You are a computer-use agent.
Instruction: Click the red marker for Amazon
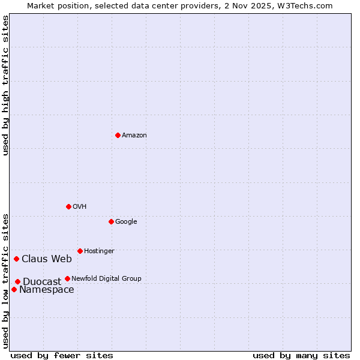pos(118,135)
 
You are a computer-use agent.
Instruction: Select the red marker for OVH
pos(68,206)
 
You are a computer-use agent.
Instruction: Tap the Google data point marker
pos(111,221)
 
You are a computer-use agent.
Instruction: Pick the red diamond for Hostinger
pos(80,251)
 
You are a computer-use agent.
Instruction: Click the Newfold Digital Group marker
pos(67,278)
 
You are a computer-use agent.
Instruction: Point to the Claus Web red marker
pos(16,259)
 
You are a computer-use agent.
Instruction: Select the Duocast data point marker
pos(17,281)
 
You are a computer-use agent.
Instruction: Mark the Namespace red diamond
pos(14,289)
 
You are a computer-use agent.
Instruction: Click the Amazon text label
pos(134,136)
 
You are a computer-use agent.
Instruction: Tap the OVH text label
pos(79,207)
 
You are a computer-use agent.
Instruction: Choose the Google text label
pos(126,222)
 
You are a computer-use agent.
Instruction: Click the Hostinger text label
pos(99,251)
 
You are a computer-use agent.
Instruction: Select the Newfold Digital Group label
pos(106,278)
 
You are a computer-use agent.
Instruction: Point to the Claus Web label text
pos(47,259)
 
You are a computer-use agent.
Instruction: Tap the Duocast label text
pos(42,281)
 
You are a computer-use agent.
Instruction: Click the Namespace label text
pos(47,290)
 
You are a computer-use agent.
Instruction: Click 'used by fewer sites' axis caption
pos(62,355)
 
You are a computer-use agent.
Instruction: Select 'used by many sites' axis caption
pos(301,355)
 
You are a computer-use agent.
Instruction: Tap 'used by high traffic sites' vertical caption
pos(5,85)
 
